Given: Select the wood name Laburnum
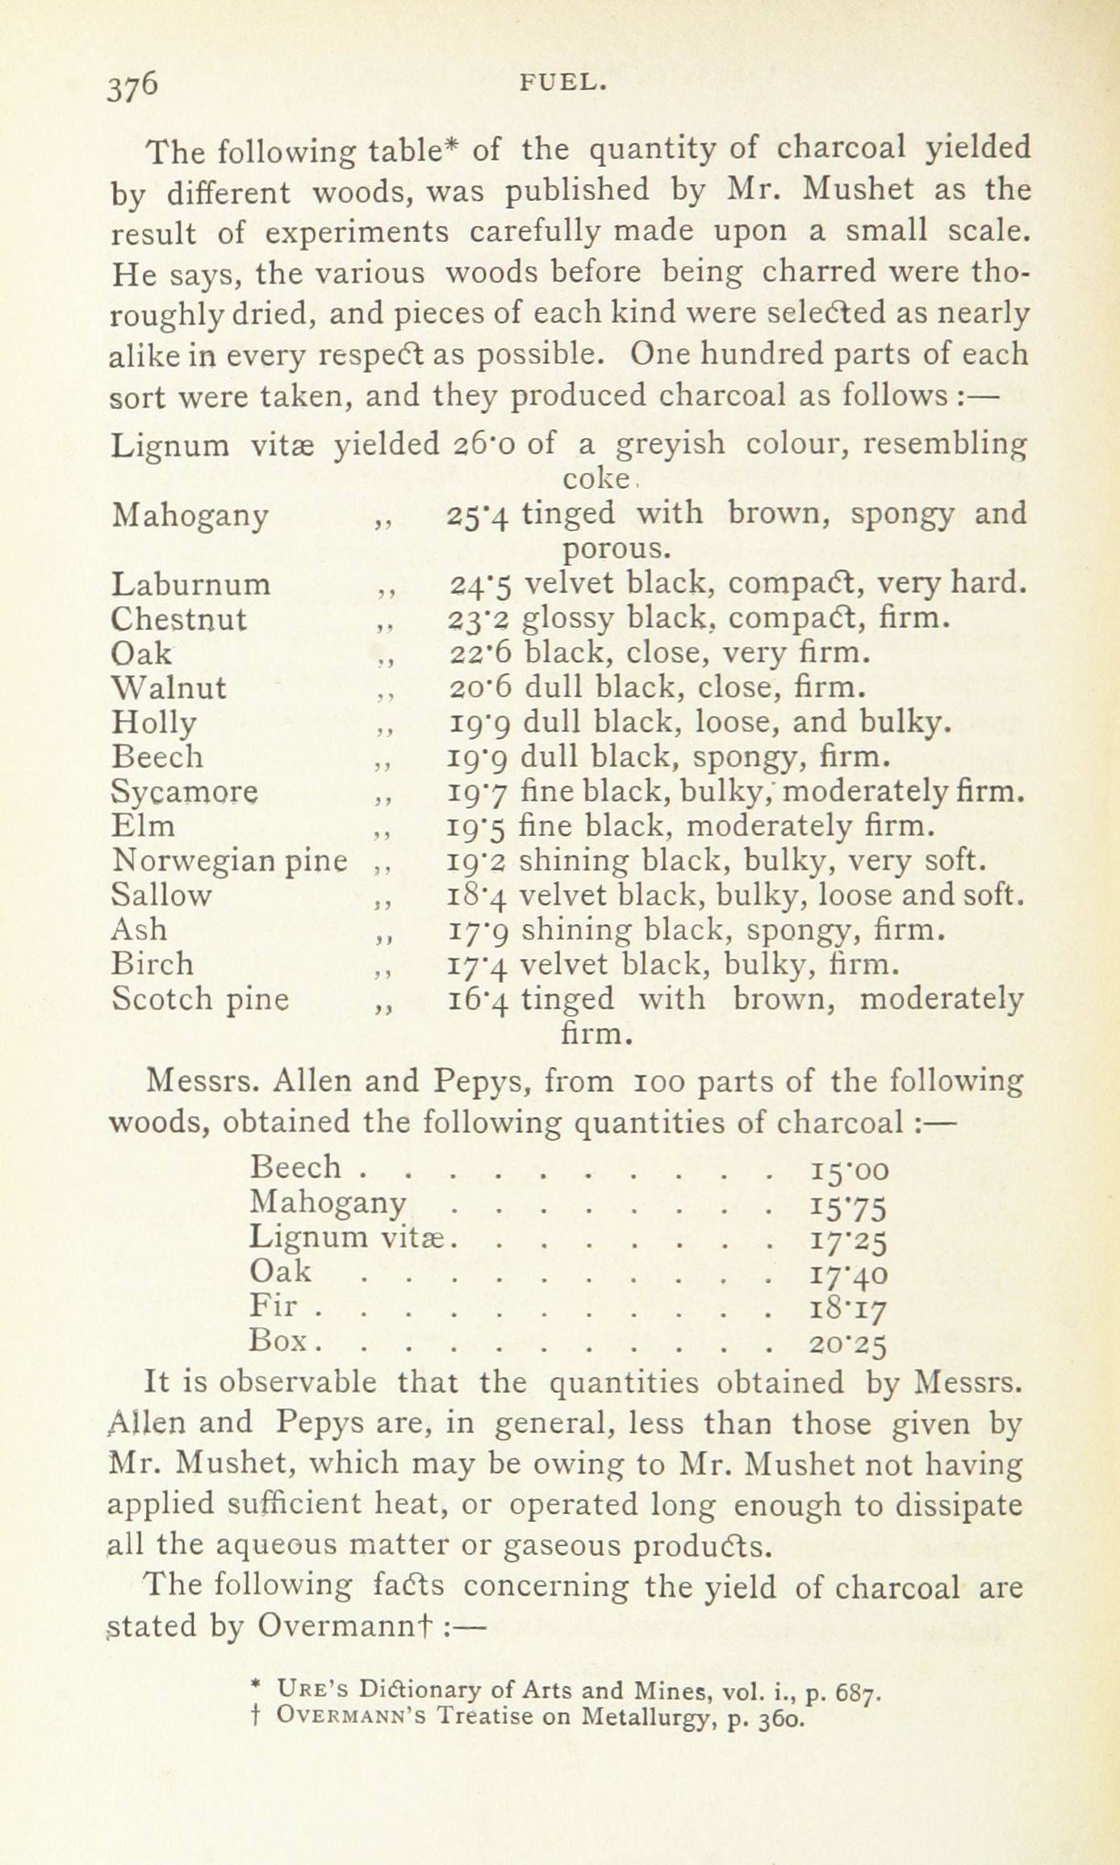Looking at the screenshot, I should click(x=191, y=583).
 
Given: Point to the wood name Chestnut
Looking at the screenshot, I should click(x=180, y=619).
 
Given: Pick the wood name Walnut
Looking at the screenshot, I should click(x=169, y=688).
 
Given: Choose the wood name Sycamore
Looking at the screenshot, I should click(x=186, y=792).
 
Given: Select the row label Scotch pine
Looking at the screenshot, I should click(x=200, y=999).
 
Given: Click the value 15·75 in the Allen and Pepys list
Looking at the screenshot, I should click(x=847, y=1206).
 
